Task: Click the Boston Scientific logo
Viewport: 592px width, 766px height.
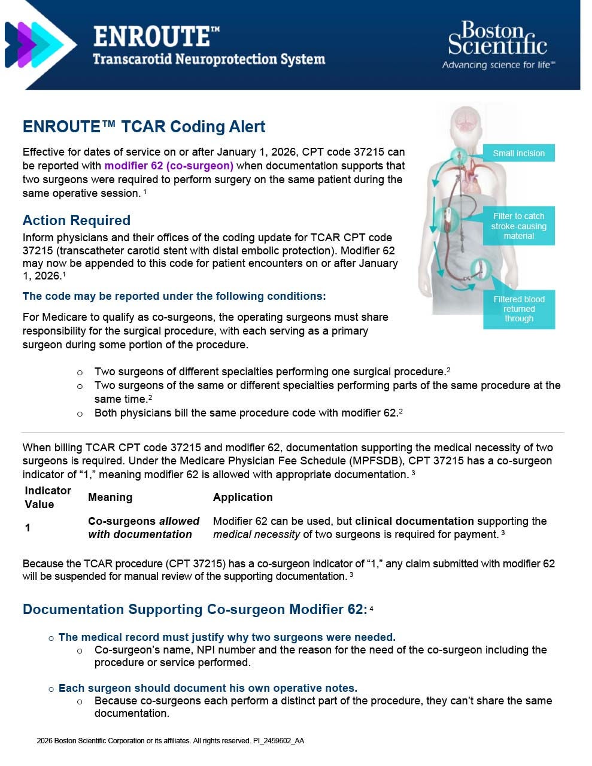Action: click(497, 39)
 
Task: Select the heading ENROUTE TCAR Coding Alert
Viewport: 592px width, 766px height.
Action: click(144, 127)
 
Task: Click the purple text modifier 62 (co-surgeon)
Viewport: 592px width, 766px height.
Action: click(169, 166)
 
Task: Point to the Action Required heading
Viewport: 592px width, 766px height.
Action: click(77, 220)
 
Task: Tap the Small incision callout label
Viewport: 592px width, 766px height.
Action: click(518, 153)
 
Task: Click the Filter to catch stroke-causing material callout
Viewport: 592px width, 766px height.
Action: click(518, 226)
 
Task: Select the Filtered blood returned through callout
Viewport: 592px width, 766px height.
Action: click(518, 309)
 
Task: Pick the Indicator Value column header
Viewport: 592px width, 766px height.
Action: click(48, 497)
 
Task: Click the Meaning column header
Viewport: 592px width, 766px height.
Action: click(110, 497)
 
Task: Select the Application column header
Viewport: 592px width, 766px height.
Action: click(242, 497)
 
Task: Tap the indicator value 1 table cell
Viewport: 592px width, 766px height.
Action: click(28, 528)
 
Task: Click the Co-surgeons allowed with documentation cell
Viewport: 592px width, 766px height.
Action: click(143, 528)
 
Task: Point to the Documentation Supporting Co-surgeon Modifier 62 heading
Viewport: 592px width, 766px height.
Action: click(194, 609)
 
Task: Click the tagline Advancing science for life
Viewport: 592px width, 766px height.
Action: click(498, 65)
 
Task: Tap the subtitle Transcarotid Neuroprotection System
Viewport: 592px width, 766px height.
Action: click(209, 59)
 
